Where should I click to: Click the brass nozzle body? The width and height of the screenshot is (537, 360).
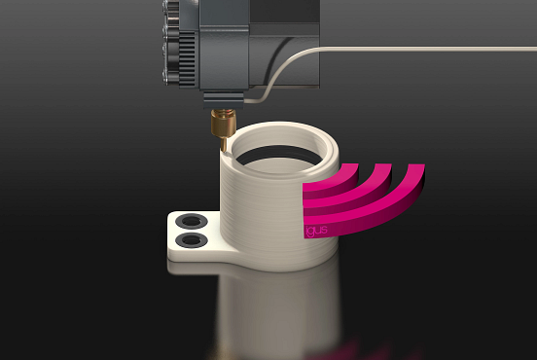[223, 124]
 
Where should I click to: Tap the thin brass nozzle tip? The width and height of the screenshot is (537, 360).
[224, 145]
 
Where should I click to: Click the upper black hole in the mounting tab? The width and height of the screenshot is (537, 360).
[192, 221]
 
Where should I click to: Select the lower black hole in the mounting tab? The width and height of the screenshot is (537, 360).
[192, 239]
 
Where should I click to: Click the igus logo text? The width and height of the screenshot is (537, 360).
[316, 231]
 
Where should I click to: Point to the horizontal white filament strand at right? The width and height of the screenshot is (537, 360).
[428, 49]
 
